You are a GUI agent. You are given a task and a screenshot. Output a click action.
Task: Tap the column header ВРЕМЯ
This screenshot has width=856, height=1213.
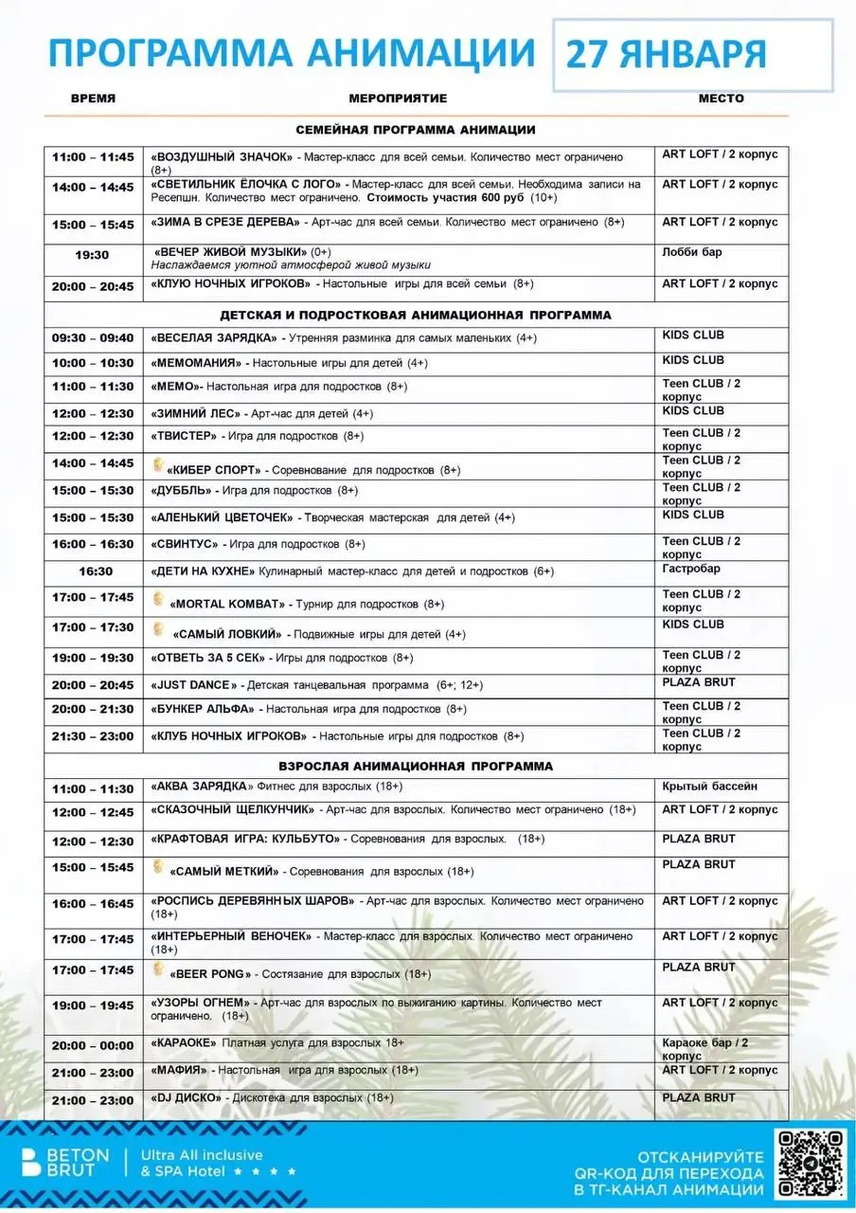pos(93,99)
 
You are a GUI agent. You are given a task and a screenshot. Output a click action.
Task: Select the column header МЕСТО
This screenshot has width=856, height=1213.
pos(722,99)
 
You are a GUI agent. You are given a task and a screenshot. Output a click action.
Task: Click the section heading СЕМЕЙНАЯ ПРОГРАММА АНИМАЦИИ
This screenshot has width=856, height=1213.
pos(416,130)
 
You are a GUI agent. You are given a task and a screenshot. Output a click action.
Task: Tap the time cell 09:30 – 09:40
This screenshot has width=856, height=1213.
pos(93,338)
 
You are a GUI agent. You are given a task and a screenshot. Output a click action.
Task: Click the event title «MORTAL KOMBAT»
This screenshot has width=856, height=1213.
pos(227,604)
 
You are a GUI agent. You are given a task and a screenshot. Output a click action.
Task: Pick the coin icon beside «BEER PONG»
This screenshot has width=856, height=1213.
pos(158,969)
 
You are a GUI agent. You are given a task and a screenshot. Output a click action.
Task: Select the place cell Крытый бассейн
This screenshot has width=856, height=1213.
pos(709,787)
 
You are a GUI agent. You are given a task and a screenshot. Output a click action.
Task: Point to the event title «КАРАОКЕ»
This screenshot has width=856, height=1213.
pos(184,1043)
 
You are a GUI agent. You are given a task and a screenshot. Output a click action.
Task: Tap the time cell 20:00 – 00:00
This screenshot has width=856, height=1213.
pos(93,1045)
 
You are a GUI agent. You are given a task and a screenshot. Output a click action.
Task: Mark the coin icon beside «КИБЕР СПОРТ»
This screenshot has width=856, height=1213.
pos(158,465)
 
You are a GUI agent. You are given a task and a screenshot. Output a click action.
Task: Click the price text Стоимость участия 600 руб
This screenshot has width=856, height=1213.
pos(445,198)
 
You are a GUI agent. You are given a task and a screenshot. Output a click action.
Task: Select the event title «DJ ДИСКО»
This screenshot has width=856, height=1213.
pos(187,1097)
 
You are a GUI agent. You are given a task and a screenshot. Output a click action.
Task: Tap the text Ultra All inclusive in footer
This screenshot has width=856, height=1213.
pos(202,1155)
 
